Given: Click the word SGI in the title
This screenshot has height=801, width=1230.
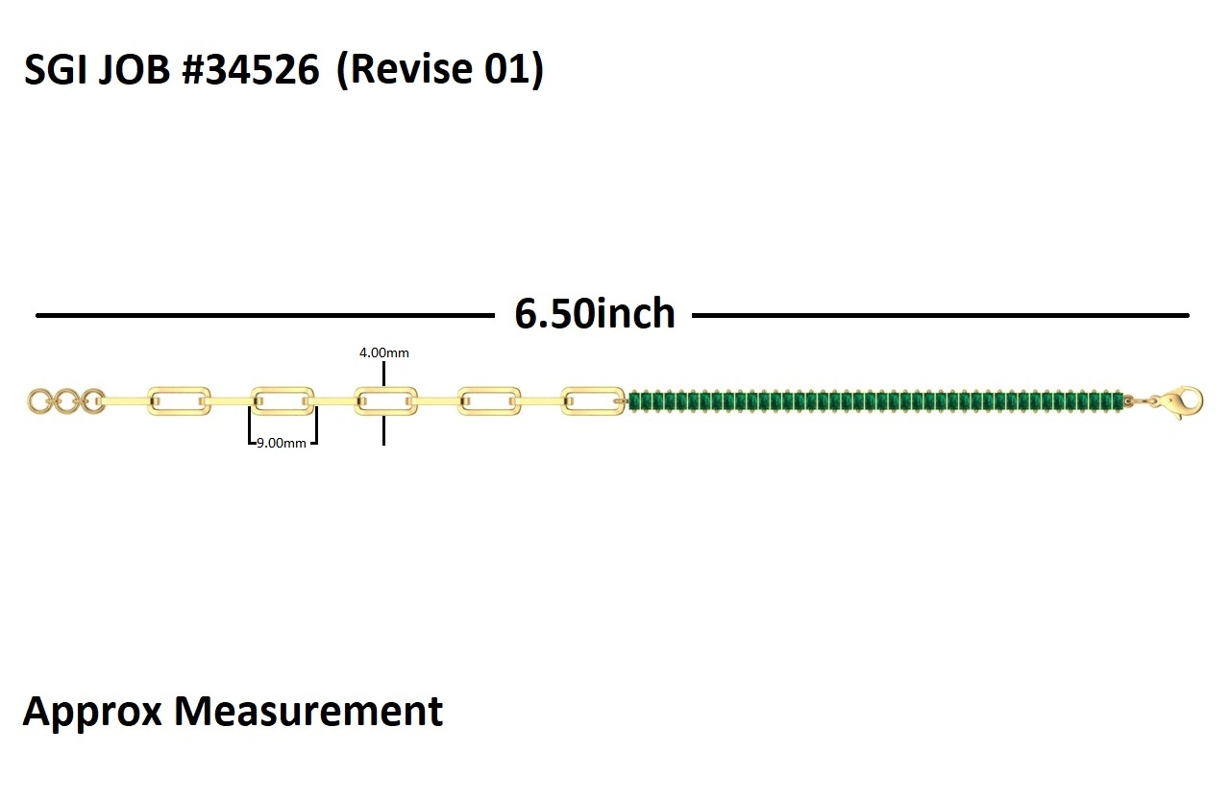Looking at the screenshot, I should [x=55, y=71].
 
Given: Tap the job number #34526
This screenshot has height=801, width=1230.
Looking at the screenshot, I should [x=251, y=71].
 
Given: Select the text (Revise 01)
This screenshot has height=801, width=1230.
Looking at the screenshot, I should [x=439, y=71].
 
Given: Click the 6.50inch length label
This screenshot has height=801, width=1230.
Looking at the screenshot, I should [x=595, y=314].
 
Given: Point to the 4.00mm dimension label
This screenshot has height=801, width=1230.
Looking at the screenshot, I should [x=384, y=352].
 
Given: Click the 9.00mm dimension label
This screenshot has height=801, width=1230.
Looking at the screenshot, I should [x=282, y=443].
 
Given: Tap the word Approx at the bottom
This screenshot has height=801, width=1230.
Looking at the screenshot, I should [x=91, y=712].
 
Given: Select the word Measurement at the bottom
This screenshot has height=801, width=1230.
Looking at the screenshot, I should [x=307, y=712].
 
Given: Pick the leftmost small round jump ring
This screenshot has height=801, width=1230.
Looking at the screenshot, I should [x=39, y=401].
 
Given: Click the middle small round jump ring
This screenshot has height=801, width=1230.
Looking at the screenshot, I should [x=66, y=401].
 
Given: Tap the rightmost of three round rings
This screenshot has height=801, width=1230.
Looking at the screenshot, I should [x=93, y=401].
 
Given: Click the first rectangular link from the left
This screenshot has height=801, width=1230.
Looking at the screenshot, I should [x=179, y=400].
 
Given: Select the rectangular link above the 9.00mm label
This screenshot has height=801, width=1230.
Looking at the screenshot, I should [x=283, y=400].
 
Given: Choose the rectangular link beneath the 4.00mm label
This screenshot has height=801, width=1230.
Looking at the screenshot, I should [x=385, y=400].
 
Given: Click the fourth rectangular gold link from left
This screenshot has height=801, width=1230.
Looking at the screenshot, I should [x=489, y=400].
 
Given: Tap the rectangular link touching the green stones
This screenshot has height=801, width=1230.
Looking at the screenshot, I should [x=592, y=400].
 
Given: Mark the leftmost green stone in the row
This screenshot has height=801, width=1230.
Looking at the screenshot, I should [x=635, y=400].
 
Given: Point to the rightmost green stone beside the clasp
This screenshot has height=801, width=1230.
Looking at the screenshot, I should [x=1117, y=400].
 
